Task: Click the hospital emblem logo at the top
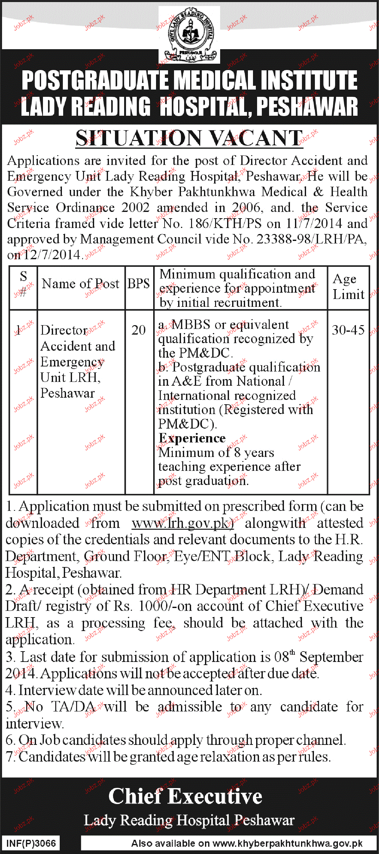pyautogui.click(x=189, y=35)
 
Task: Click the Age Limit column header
pyautogui.click(x=348, y=287)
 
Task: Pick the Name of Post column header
pyautogui.click(x=80, y=284)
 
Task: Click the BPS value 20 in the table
pyautogui.click(x=139, y=330)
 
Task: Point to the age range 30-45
pyautogui.click(x=348, y=330)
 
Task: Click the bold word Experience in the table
pyautogui.click(x=192, y=438)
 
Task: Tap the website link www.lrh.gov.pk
pyautogui.click(x=183, y=523)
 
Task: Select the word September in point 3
pyautogui.click(x=331, y=657)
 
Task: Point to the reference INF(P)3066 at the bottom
pyautogui.click(x=31, y=843)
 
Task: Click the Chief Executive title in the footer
pyautogui.click(x=185, y=796)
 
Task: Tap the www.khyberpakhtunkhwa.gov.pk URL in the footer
pyautogui.click(x=287, y=843)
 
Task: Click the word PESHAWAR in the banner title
pyautogui.click(x=307, y=107)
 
